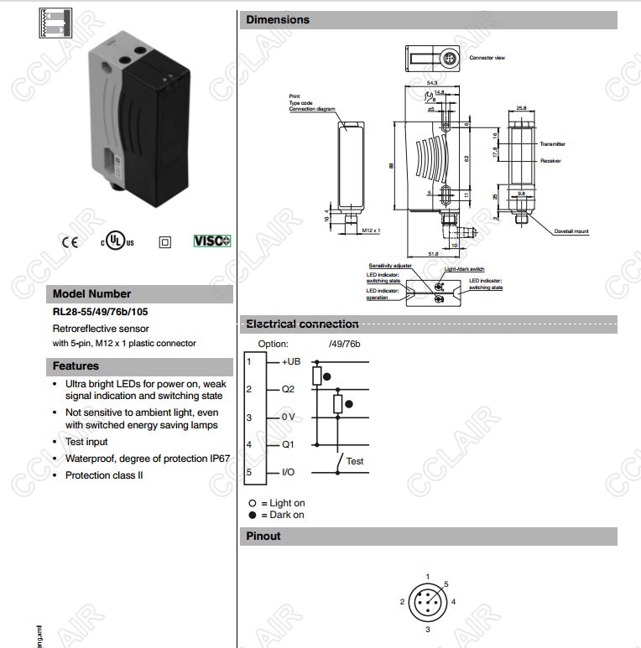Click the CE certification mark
click(x=69, y=241)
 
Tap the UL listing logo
click(x=117, y=241)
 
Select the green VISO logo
click(x=212, y=241)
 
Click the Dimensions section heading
click(x=278, y=19)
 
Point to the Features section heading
click(x=76, y=366)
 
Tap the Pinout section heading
click(x=263, y=536)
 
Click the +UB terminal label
click(x=290, y=360)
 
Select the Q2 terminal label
click(x=288, y=389)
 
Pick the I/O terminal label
click(x=288, y=473)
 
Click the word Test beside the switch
click(x=355, y=461)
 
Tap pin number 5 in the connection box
click(x=248, y=473)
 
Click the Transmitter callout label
click(x=553, y=144)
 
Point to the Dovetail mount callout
click(x=571, y=231)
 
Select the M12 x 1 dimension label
click(x=371, y=230)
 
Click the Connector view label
click(x=487, y=58)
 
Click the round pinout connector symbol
click(x=428, y=602)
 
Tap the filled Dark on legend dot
click(x=252, y=515)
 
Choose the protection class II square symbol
click(x=164, y=241)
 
